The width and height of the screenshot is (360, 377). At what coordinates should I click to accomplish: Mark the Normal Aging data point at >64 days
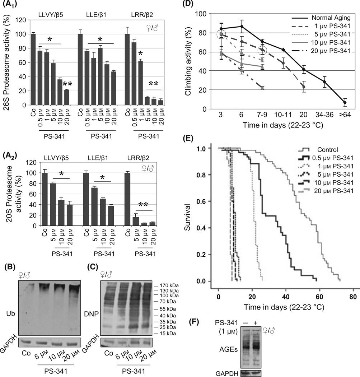tap(345, 103)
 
